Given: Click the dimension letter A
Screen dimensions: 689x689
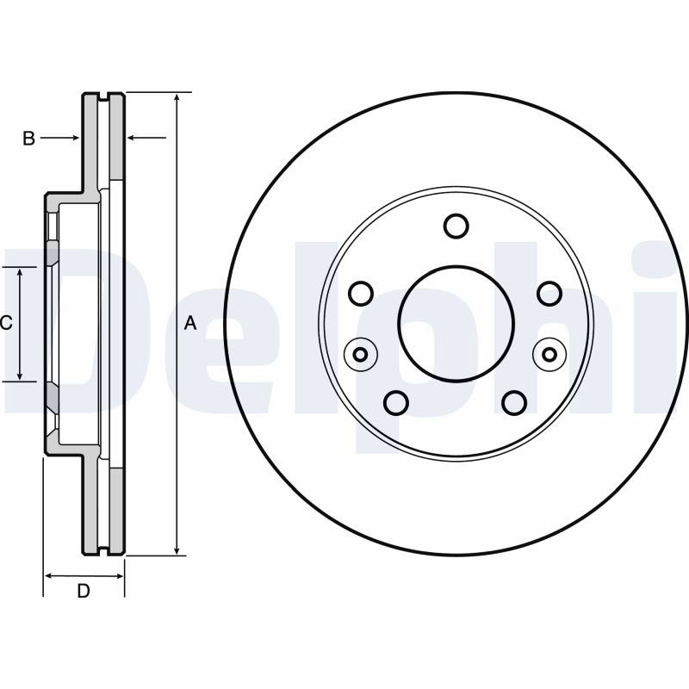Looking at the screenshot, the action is pyautogui.click(x=189, y=323).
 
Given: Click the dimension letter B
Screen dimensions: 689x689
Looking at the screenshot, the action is pyautogui.click(x=28, y=139).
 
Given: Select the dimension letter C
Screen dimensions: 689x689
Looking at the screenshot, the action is pyautogui.click(x=6, y=324).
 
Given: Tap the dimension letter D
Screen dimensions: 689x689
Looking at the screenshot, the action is pyautogui.click(x=84, y=591).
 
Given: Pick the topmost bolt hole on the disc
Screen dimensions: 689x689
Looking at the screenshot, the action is pyautogui.click(x=456, y=226).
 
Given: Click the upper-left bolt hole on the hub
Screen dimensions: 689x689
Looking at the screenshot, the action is pyautogui.click(x=361, y=293).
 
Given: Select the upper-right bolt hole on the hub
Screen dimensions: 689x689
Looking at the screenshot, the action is pyautogui.click(x=549, y=293).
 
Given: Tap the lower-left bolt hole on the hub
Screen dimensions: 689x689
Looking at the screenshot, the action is pyautogui.click(x=396, y=402).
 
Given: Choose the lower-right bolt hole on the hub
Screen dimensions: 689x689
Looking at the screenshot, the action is pyautogui.click(x=514, y=402).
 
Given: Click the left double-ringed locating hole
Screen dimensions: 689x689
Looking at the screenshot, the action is pyautogui.click(x=361, y=354).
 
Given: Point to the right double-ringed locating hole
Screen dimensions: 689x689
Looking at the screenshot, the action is pyautogui.click(x=549, y=354).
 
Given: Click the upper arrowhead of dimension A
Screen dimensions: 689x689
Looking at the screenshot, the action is pyautogui.click(x=177, y=98).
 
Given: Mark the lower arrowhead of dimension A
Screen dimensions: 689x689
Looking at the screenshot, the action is pyautogui.click(x=177, y=549).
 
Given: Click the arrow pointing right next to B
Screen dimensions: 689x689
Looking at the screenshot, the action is pyautogui.click(x=60, y=138).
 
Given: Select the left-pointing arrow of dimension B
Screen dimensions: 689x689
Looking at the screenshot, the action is pyautogui.click(x=146, y=138).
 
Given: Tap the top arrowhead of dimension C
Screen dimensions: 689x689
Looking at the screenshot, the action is pyautogui.click(x=20, y=274).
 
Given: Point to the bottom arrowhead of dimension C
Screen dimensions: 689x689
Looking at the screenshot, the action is pyautogui.click(x=20, y=375).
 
